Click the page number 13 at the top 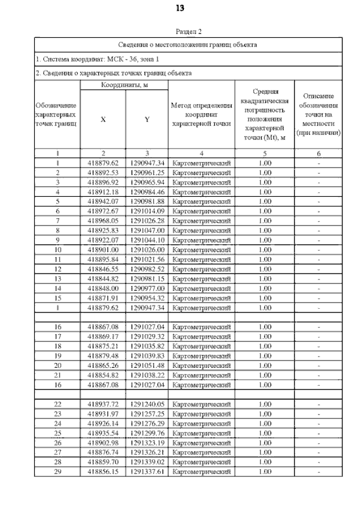point(179,8)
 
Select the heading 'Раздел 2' point(188,33)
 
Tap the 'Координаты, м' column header point(124,85)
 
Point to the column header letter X point(102,119)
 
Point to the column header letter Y point(146,119)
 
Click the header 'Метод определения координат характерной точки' point(201,114)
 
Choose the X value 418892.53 point(102,173)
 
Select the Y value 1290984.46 point(146,192)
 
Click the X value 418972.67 point(102,211)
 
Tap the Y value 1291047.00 point(146,231)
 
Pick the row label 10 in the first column point(58,250)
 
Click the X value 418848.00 point(102,289)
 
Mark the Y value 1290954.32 point(146,298)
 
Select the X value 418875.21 point(102,346)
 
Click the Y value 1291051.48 point(146,366)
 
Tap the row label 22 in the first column point(58,404)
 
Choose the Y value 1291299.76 point(146,433)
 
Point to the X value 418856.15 point(102,471)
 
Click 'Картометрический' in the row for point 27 point(201,452)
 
